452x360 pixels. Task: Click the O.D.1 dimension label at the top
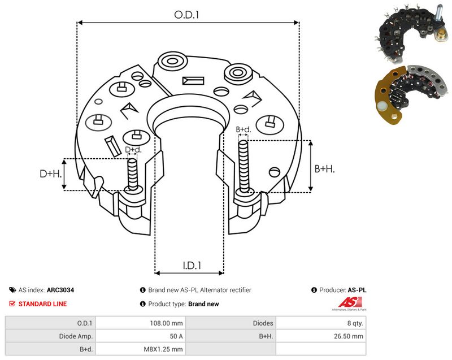click(x=186, y=15)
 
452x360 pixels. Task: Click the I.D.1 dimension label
click(x=192, y=265)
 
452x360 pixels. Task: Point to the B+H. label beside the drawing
click(x=324, y=168)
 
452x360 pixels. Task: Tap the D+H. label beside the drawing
click(x=51, y=174)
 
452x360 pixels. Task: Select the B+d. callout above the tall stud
click(x=244, y=129)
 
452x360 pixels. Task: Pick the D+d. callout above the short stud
click(x=133, y=150)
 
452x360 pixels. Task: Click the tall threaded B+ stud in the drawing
click(x=244, y=167)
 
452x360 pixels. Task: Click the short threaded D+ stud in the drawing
click(x=133, y=175)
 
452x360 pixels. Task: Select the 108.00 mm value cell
click(x=166, y=323)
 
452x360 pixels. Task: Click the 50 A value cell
click(x=176, y=336)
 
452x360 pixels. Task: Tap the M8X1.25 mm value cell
click(x=163, y=349)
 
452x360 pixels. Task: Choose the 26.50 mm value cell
click(x=349, y=336)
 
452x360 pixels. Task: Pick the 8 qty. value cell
click(x=355, y=323)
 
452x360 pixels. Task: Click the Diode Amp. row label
click(x=76, y=336)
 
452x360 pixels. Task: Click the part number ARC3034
click(x=60, y=290)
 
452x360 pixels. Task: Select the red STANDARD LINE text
click(x=42, y=304)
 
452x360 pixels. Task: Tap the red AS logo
click(x=350, y=302)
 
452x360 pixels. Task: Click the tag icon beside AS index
click(x=12, y=290)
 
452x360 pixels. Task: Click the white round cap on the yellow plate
click(x=382, y=107)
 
